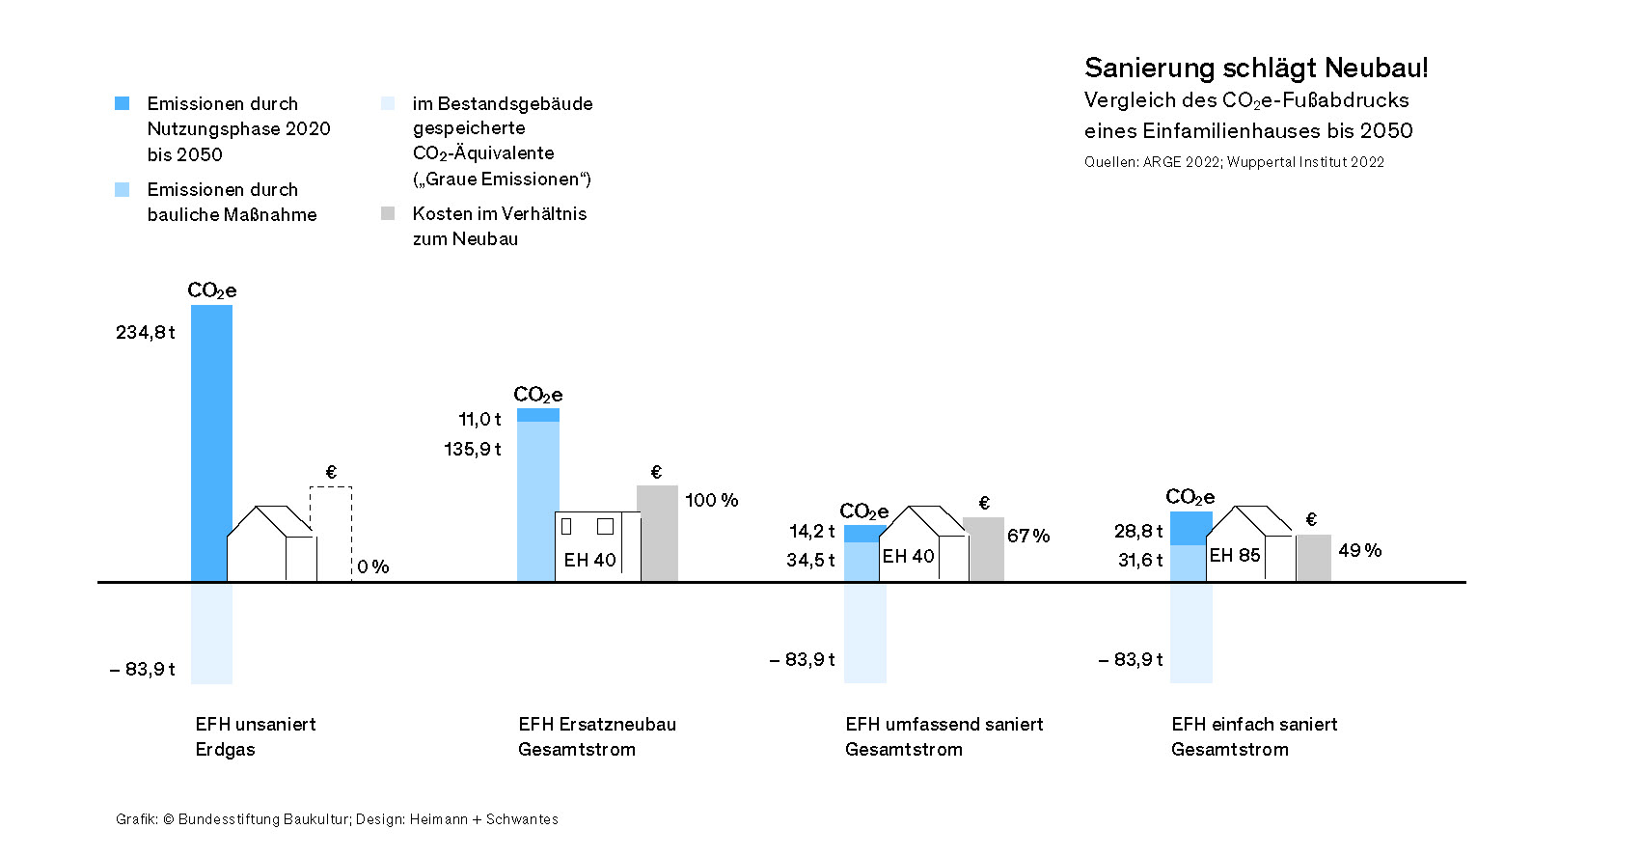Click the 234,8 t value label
[x=146, y=333]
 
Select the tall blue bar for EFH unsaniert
[x=211, y=444]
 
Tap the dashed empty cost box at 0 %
[x=331, y=531]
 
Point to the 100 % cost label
[x=711, y=500]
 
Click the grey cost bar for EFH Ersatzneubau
[x=658, y=534]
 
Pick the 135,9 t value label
[x=473, y=450]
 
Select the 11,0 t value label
[x=479, y=420]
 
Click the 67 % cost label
[x=1028, y=536]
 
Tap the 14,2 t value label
[x=811, y=532]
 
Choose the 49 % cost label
[x=1359, y=551]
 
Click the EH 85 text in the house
[x=1235, y=556]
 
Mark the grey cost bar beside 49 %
[x=1314, y=558]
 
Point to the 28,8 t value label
[x=1138, y=532]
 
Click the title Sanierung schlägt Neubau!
[x=1256, y=68]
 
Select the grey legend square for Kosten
[x=388, y=213]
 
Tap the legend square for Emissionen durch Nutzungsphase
[x=123, y=103]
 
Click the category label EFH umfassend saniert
[x=944, y=725]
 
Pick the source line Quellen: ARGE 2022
[x=1234, y=162]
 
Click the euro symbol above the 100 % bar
[x=656, y=472]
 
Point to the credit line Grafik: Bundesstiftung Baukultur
[x=337, y=819]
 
